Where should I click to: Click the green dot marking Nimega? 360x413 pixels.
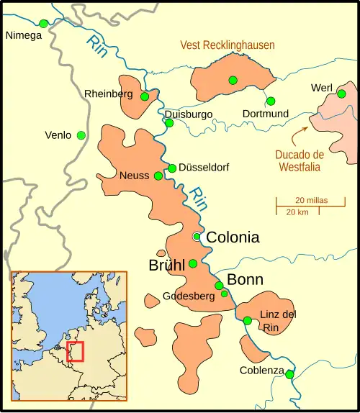click(x=43, y=24)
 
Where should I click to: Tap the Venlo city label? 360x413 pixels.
click(x=58, y=135)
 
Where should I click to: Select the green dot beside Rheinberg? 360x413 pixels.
click(x=145, y=96)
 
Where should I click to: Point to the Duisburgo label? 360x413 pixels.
click(x=189, y=114)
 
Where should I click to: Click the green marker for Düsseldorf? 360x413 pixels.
click(x=172, y=168)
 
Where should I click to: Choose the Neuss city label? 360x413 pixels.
click(x=135, y=176)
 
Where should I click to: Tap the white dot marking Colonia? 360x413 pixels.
click(x=196, y=237)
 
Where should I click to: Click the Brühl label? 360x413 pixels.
click(x=167, y=264)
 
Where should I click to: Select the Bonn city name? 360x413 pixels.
click(x=245, y=280)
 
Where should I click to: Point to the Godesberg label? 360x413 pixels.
click(x=189, y=296)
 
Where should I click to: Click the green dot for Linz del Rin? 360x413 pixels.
click(x=247, y=321)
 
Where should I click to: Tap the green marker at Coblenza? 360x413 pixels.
click(x=289, y=374)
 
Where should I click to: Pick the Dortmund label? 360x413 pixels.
click(x=266, y=114)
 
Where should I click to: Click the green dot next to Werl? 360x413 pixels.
click(x=343, y=93)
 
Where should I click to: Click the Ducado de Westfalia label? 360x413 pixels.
click(x=300, y=160)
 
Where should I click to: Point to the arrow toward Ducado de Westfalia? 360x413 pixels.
click(x=300, y=132)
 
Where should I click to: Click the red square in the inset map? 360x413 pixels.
click(x=75, y=351)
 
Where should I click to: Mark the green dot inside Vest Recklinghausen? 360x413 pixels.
click(x=233, y=80)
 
